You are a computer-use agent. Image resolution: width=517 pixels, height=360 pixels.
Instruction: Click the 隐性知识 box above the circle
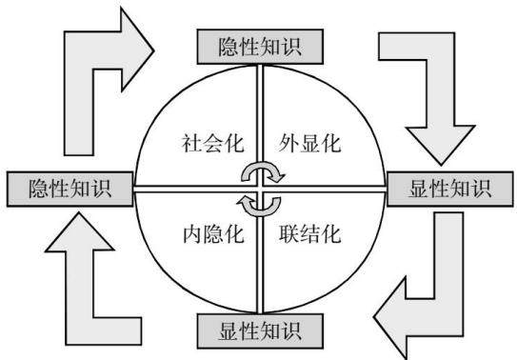pyautogui.click(x=260, y=47)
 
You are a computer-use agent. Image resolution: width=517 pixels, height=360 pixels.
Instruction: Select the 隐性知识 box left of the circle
pyautogui.click(x=70, y=190)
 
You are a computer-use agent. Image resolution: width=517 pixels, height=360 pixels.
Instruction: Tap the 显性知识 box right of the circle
pyautogui.click(x=450, y=190)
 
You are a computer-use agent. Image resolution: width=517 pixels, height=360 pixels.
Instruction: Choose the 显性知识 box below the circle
pyautogui.click(x=260, y=331)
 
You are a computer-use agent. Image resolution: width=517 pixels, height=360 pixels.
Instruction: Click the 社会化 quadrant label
pyautogui.click(x=213, y=143)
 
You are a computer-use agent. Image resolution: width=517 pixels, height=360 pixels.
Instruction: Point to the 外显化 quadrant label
pyautogui.click(x=309, y=143)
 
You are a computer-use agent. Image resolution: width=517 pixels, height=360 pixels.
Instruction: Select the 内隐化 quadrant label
pyautogui.click(x=213, y=234)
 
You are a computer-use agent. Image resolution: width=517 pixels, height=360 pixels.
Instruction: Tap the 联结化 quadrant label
pyautogui.click(x=310, y=234)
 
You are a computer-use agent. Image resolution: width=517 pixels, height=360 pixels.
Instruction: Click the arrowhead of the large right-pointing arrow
pyautogui.click(x=137, y=50)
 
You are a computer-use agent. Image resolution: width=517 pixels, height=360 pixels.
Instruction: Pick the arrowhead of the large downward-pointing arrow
pyautogui.click(x=441, y=145)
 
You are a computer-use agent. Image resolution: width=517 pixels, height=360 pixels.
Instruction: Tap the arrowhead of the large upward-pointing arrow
pyautogui.click(x=79, y=232)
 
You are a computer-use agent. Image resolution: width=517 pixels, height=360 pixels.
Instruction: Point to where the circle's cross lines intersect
pyautogui.click(x=260, y=190)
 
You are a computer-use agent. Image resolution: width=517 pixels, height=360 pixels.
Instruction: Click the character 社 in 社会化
pyautogui.click(x=192, y=143)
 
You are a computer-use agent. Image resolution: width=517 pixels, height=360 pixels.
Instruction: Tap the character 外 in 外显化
pyautogui.click(x=288, y=143)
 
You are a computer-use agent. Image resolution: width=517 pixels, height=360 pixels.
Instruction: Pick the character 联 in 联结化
pyautogui.click(x=288, y=234)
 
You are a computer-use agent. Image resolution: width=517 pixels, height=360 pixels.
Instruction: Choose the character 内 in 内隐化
pyautogui.click(x=193, y=234)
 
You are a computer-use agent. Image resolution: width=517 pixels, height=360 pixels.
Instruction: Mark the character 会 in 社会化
pyautogui.click(x=213, y=143)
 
